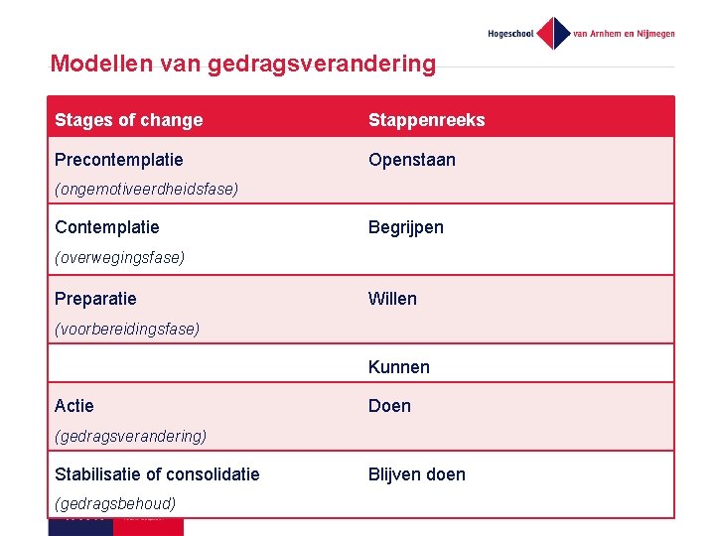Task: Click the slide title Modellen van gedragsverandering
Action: pos(243,65)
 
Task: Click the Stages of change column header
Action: pos(128,120)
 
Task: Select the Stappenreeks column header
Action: pos(426,120)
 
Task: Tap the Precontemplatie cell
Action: pos(119,160)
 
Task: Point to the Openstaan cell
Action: pos(411,160)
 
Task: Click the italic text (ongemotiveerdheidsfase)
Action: pos(147,189)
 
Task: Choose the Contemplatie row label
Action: pos(107,227)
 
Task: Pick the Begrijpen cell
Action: pos(405,227)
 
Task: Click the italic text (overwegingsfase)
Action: pos(120,257)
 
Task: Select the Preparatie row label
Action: pos(95,299)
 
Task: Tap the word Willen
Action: pos(392,299)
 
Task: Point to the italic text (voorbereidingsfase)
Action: pos(127,329)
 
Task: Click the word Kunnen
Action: pos(398,367)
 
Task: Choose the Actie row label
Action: pos(74,406)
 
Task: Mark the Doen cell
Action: pos(389,406)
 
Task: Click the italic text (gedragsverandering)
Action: pos(131,436)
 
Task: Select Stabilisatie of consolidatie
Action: pos(157,474)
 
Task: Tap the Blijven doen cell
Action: pos(416,474)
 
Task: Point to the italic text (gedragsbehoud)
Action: pos(115,503)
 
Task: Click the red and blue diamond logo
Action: pos(553,33)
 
